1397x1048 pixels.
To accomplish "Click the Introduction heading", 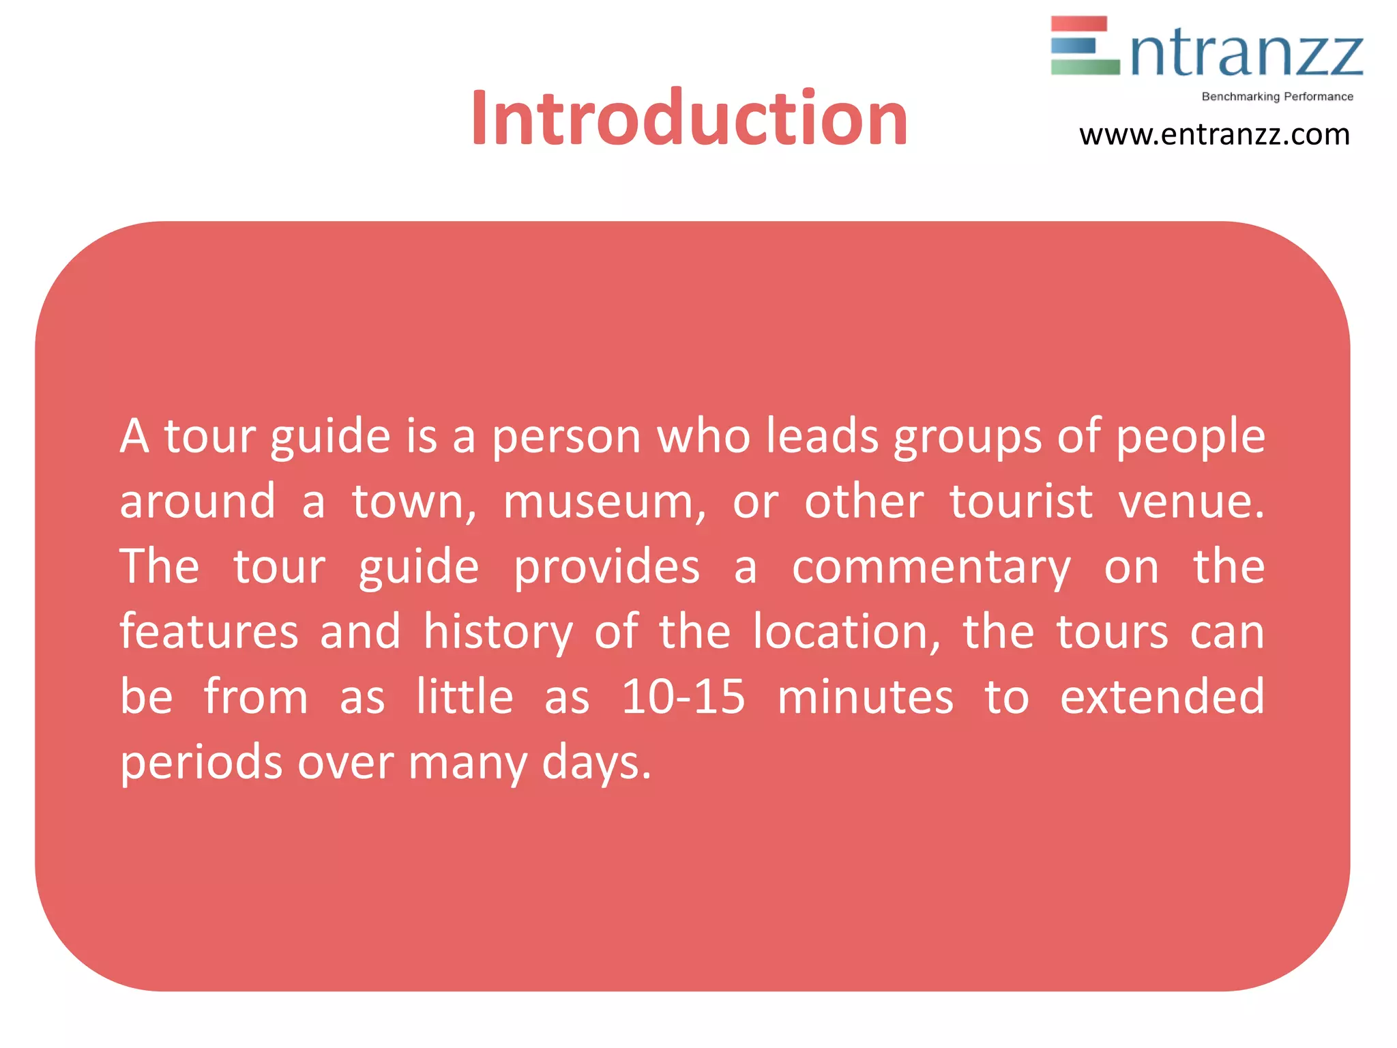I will pyautogui.click(x=689, y=119).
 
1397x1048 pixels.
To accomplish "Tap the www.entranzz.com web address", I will pyautogui.click(x=1214, y=134).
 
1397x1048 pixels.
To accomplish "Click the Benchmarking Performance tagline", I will pyautogui.click(x=1277, y=97).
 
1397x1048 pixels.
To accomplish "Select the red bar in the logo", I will pyautogui.click(x=1078, y=24).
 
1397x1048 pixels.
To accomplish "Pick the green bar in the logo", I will pyautogui.click(x=1085, y=67).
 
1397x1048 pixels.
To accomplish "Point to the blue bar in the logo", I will pyautogui.click(x=1073, y=45).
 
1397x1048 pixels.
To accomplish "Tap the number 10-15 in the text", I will pyautogui.click(x=683, y=697).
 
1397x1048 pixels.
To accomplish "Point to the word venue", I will pyautogui.click(x=1190, y=502).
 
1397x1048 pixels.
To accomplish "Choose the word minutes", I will pyautogui.click(x=865, y=697).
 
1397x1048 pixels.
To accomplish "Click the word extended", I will pyautogui.click(x=1162, y=697).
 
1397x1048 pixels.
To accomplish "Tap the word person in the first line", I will pyautogui.click(x=566, y=437).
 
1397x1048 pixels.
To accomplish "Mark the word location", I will pyautogui.click(x=846, y=632).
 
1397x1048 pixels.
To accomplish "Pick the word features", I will pyautogui.click(x=209, y=632).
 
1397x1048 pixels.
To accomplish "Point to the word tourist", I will pyautogui.click(x=1021, y=502).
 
